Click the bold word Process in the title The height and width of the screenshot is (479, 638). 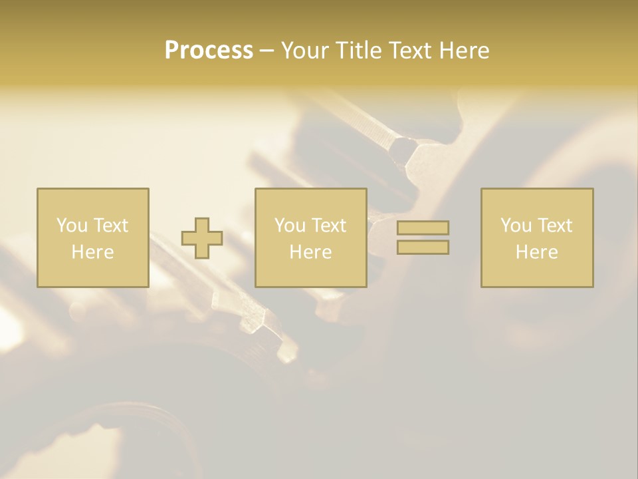pyautogui.click(x=209, y=51)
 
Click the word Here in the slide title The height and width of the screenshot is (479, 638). pyautogui.click(x=463, y=51)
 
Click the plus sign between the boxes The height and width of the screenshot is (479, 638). pyautogui.click(x=202, y=238)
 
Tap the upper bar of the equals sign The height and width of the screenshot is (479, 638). pyautogui.click(x=423, y=228)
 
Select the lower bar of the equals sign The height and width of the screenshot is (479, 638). pyautogui.click(x=423, y=247)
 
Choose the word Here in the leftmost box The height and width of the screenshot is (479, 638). pyautogui.click(x=92, y=252)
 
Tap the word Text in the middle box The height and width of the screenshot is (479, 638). pyautogui.click(x=328, y=226)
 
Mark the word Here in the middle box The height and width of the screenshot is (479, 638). pyautogui.click(x=310, y=252)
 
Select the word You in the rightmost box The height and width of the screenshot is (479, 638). pyautogui.click(x=516, y=226)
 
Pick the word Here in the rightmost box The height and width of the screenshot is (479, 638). pyautogui.click(x=536, y=252)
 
